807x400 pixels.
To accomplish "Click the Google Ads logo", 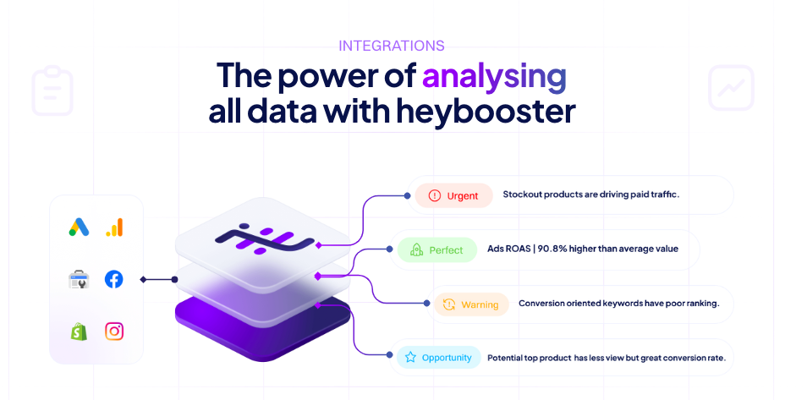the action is click(x=79, y=227).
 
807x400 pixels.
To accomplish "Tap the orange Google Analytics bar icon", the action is click(x=114, y=227).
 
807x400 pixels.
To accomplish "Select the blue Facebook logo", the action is click(x=113, y=279).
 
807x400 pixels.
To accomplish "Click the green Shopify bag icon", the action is click(x=79, y=331).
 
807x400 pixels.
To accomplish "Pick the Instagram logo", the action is click(x=114, y=331).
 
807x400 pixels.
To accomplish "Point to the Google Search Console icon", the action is click(x=79, y=279).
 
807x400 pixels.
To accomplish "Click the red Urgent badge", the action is click(x=454, y=195).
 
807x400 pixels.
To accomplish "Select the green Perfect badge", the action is click(x=437, y=250).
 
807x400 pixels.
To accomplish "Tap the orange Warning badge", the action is click(x=471, y=304).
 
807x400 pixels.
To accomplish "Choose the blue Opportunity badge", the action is click(x=438, y=357).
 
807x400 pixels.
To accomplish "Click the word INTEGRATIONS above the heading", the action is click(x=391, y=46).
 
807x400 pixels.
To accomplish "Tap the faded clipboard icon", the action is click(x=52, y=90).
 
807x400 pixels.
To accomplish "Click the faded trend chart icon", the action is click(x=731, y=88).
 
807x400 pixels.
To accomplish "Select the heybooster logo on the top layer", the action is click(x=264, y=238).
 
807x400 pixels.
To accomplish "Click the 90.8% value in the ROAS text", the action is click(x=554, y=249).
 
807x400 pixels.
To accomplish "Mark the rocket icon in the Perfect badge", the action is click(x=416, y=250).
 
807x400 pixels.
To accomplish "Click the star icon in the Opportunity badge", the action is click(x=410, y=357).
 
